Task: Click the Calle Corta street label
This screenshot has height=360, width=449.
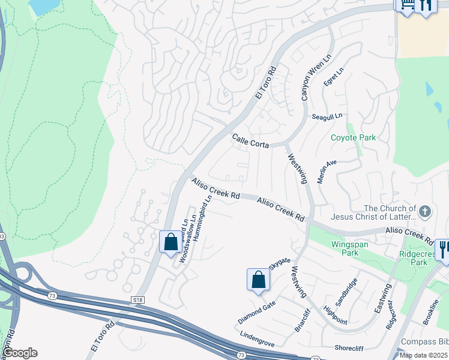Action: (x=250, y=142)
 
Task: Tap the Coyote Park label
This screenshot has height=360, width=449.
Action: (x=353, y=137)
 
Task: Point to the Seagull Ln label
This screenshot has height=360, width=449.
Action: (x=326, y=116)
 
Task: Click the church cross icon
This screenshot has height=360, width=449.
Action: (x=425, y=211)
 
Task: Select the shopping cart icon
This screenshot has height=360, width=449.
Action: (x=405, y=5)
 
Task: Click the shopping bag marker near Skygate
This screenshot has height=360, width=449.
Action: (x=258, y=280)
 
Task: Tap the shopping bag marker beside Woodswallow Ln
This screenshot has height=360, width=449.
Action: (x=170, y=242)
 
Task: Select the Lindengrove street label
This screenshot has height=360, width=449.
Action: (x=257, y=339)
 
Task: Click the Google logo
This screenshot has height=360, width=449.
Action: (x=20, y=353)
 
